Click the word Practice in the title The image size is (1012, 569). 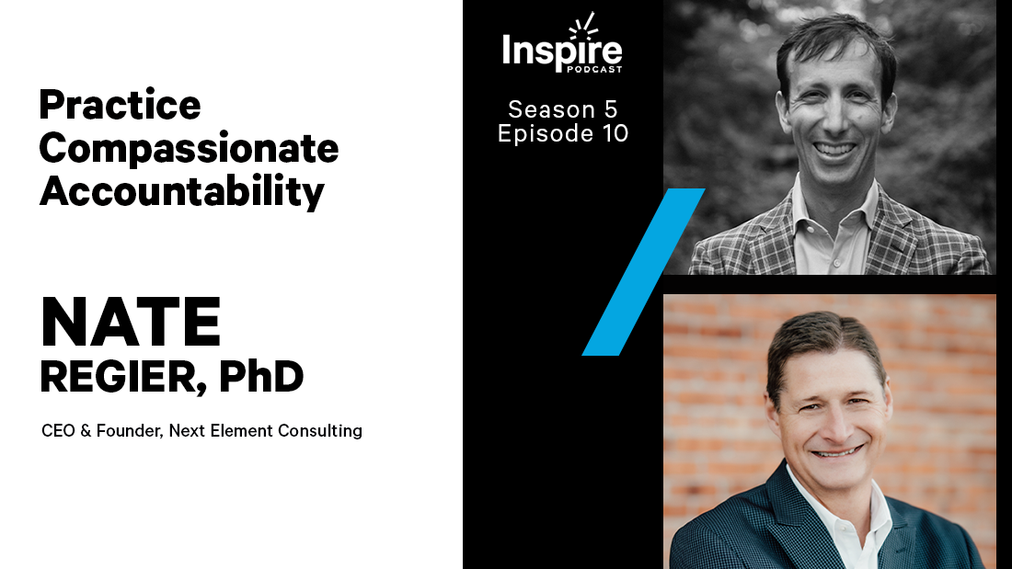120,106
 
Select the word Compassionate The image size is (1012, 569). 189,148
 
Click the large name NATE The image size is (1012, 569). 131,324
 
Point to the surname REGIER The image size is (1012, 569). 118,378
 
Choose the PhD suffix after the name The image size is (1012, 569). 261,378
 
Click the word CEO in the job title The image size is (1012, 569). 57,430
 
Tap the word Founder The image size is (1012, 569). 132,430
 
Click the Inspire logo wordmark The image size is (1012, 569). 562,50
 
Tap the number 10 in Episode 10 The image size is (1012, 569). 614,133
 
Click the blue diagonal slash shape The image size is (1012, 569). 642,272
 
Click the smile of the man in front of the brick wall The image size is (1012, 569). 834,451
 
